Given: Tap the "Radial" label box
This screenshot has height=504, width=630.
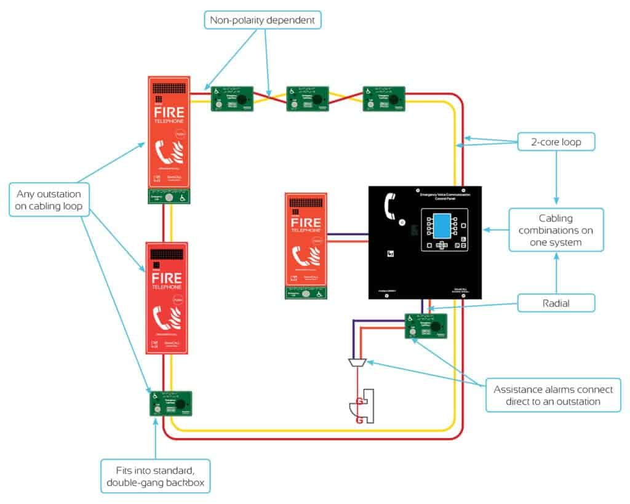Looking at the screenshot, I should [x=556, y=303].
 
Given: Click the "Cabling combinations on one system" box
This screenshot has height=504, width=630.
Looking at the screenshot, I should [x=556, y=230].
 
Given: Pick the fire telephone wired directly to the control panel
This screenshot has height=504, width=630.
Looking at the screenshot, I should [x=306, y=245].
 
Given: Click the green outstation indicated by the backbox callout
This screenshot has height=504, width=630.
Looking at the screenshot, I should [x=170, y=404].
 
